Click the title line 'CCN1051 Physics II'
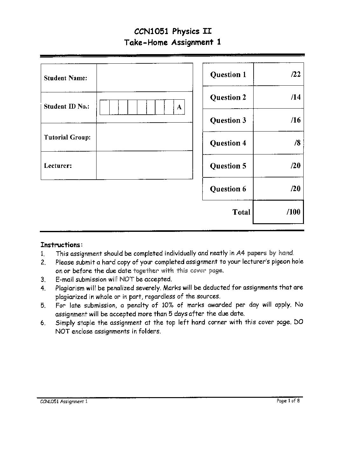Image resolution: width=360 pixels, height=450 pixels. [x=173, y=31]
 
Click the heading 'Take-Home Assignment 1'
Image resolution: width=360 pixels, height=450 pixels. [x=172, y=42]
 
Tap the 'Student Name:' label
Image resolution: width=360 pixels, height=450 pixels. [x=65, y=78]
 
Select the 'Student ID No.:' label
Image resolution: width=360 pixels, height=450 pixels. [x=66, y=106]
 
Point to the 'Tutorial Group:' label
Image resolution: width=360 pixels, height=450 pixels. [x=67, y=137]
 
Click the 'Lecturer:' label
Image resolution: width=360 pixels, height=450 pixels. [x=58, y=166]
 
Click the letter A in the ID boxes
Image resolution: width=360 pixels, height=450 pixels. [x=179, y=107]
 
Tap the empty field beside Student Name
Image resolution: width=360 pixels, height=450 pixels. [x=145, y=78]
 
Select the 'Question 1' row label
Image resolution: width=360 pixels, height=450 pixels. [x=228, y=75]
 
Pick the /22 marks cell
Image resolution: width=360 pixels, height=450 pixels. [x=295, y=74]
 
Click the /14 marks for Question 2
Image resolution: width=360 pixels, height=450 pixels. [x=295, y=97]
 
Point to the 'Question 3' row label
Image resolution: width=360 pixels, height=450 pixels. [x=228, y=120]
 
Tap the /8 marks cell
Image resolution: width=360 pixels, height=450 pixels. [x=297, y=143]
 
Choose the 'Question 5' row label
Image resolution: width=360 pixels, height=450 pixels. [x=228, y=166]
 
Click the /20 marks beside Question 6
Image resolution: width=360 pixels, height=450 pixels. [x=295, y=189]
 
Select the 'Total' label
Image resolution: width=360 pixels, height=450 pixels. [x=241, y=212]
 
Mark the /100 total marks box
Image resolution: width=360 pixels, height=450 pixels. [x=278, y=212]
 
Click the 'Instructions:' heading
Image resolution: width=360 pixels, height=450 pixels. [x=61, y=245]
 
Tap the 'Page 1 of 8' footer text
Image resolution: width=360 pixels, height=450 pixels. [x=288, y=401]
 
